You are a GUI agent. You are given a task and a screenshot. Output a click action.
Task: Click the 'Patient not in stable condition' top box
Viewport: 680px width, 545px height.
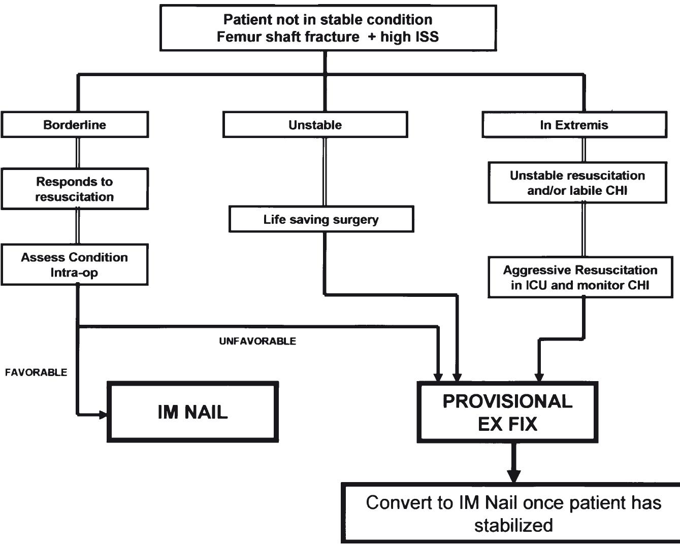[328, 28]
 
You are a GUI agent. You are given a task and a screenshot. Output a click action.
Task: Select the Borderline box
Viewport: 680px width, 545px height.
[75, 125]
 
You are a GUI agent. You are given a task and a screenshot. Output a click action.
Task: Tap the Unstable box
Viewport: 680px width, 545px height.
[315, 125]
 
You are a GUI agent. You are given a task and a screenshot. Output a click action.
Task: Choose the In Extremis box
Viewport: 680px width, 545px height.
[574, 125]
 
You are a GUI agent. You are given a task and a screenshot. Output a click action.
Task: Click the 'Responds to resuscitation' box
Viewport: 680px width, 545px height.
[75, 189]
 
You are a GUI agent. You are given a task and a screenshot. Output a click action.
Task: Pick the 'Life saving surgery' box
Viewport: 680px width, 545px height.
[321, 219]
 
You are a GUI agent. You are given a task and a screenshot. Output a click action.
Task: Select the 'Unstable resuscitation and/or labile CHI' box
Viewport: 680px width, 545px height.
[577, 183]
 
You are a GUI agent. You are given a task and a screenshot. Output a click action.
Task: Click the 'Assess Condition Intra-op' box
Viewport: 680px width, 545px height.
[75, 264]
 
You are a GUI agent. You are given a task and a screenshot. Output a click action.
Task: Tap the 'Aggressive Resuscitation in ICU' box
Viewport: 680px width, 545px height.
[580, 277]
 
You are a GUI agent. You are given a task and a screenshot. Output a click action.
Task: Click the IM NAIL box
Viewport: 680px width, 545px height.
[192, 412]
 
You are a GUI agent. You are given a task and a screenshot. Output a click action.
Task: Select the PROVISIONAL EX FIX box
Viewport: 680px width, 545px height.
[507, 412]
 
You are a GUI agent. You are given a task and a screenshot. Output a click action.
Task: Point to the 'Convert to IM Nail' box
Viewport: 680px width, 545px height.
[513, 513]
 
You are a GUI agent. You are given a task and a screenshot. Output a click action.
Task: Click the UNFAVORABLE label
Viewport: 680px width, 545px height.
[257, 342]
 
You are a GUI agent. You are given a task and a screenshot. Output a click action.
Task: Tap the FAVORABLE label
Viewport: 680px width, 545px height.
[36, 372]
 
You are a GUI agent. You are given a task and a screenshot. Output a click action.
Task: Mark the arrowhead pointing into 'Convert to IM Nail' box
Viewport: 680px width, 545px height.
[514, 476]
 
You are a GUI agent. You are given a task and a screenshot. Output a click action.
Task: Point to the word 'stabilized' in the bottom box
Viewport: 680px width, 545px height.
[513, 525]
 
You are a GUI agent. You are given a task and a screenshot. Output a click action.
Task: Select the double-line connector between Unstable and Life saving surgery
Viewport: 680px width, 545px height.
[324, 171]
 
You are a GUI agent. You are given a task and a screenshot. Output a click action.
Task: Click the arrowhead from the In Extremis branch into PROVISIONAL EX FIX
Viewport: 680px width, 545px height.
[539, 377]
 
